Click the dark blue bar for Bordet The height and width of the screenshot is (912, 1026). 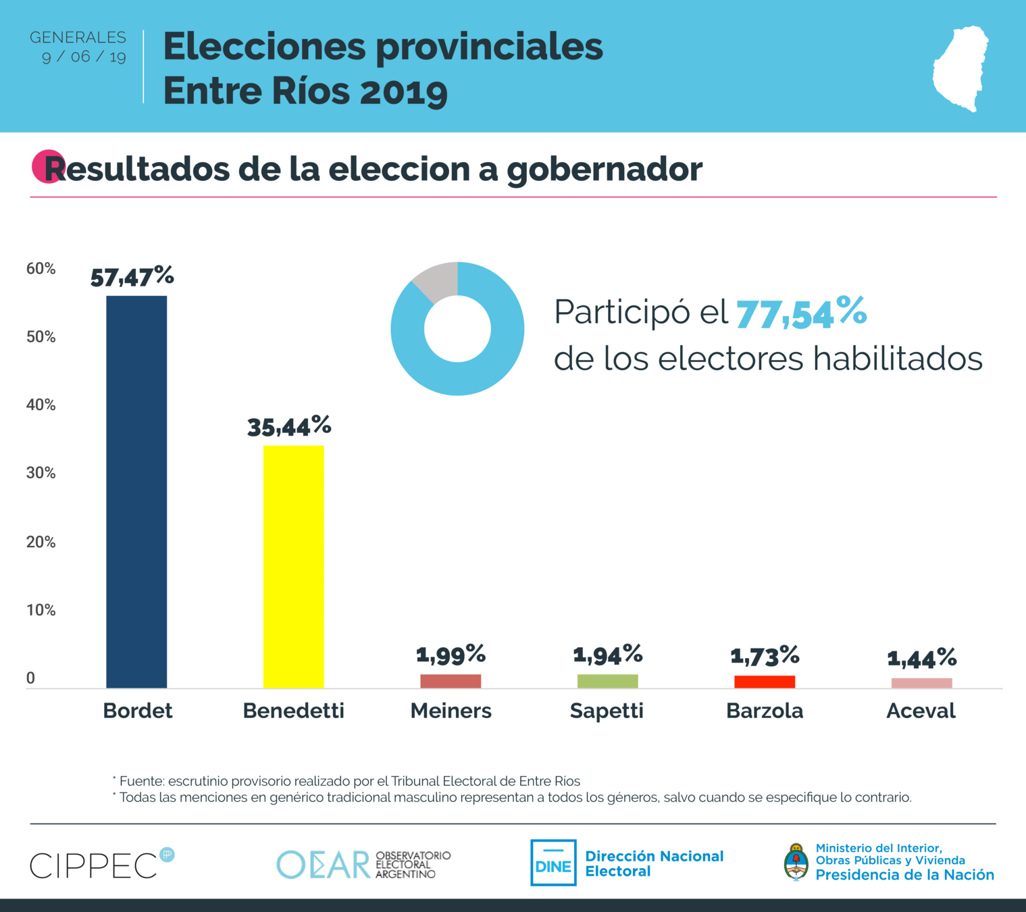[x=136, y=492]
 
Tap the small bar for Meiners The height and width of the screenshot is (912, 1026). [x=451, y=681]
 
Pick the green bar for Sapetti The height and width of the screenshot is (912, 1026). [x=607, y=681]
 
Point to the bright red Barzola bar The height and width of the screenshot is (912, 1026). [x=765, y=682]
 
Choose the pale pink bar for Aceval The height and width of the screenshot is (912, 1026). [x=921, y=683]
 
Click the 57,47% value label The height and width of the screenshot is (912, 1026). [x=132, y=276]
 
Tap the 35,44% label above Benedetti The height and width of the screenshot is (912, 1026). [x=289, y=426]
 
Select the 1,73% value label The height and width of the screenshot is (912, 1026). [x=765, y=655]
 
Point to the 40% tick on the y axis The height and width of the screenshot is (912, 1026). [x=41, y=405]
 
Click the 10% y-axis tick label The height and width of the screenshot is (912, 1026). [x=41, y=610]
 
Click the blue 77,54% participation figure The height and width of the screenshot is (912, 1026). [x=801, y=313]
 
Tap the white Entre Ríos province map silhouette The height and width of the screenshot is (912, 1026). [x=960, y=68]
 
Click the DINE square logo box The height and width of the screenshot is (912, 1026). [x=553, y=863]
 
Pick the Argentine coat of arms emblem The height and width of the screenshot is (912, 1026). [x=796, y=862]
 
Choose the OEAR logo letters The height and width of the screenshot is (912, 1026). [x=323, y=865]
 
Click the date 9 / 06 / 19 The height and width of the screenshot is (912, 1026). [x=84, y=57]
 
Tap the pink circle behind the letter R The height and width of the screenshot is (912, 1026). [x=45, y=166]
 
